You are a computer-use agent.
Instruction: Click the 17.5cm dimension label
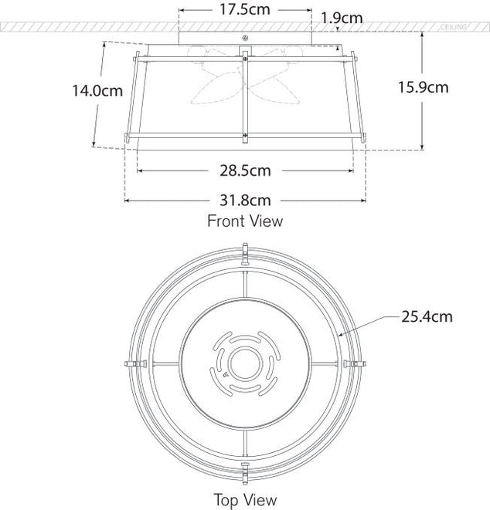click(x=245, y=12)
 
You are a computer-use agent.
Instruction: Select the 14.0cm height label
click(x=97, y=91)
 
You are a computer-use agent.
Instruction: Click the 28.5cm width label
click(x=244, y=170)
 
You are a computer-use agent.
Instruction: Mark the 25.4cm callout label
click(x=426, y=316)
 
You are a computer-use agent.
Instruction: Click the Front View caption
click(x=244, y=221)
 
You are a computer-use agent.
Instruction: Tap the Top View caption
click(x=245, y=500)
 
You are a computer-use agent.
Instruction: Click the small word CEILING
click(x=454, y=27)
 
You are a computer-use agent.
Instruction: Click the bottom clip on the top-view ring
click(x=244, y=469)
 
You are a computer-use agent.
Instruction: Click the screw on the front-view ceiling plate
click(x=245, y=39)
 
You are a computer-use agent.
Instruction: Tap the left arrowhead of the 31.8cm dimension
click(x=128, y=200)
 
